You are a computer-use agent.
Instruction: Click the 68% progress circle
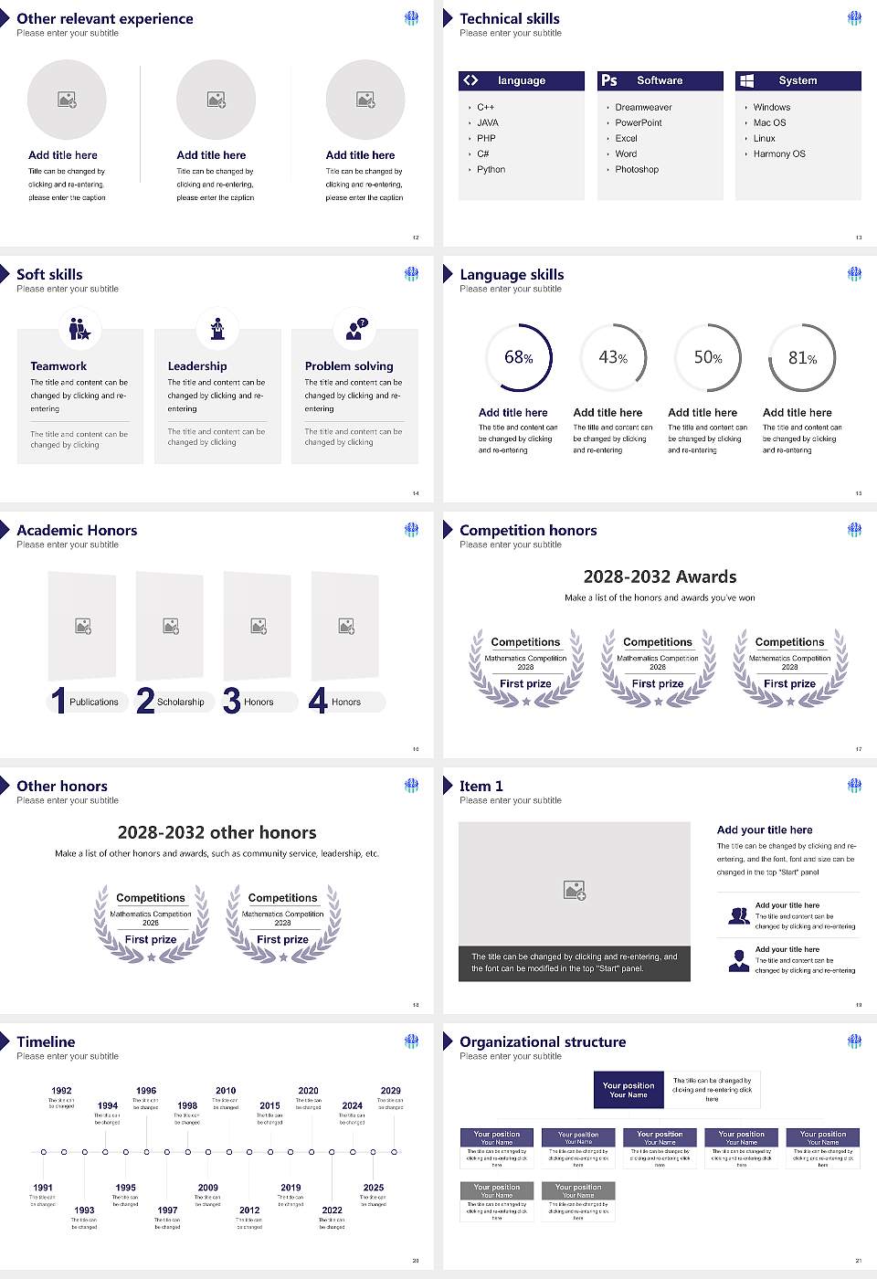pyautogui.click(x=518, y=357)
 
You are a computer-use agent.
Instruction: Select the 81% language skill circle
pyautogui.click(x=802, y=357)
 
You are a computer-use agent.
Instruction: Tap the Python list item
pyautogui.click(x=491, y=169)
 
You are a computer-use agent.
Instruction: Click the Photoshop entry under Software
pyautogui.click(x=637, y=169)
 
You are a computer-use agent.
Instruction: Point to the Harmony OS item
pyautogui.click(x=779, y=153)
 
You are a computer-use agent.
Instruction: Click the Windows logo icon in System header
pyautogui.click(x=746, y=80)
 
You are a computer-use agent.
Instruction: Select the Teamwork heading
pyautogui.click(x=58, y=365)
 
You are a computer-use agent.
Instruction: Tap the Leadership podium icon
pyautogui.click(x=217, y=328)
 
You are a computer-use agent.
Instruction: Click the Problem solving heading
pyautogui.click(x=349, y=365)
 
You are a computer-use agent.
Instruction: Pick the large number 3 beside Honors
pyautogui.click(x=231, y=701)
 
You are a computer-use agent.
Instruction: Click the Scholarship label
pyautogui.click(x=180, y=702)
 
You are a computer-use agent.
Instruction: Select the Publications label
pyautogui.click(x=94, y=702)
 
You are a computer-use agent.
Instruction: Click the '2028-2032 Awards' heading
pyautogui.click(x=660, y=576)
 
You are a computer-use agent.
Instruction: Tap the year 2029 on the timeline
pyautogui.click(x=390, y=1090)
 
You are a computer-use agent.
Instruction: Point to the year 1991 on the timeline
pyautogui.click(x=43, y=1188)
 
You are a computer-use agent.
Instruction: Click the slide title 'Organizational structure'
pyautogui.click(x=543, y=1041)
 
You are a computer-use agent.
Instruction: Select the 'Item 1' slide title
pyautogui.click(x=481, y=786)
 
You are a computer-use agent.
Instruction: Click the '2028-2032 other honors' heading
pyautogui.click(x=217, y=832)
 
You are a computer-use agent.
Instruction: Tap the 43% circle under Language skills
pyautogui.click(x=613, y=357)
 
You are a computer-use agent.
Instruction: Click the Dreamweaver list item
pyautogui.click(x=643, y=107)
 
